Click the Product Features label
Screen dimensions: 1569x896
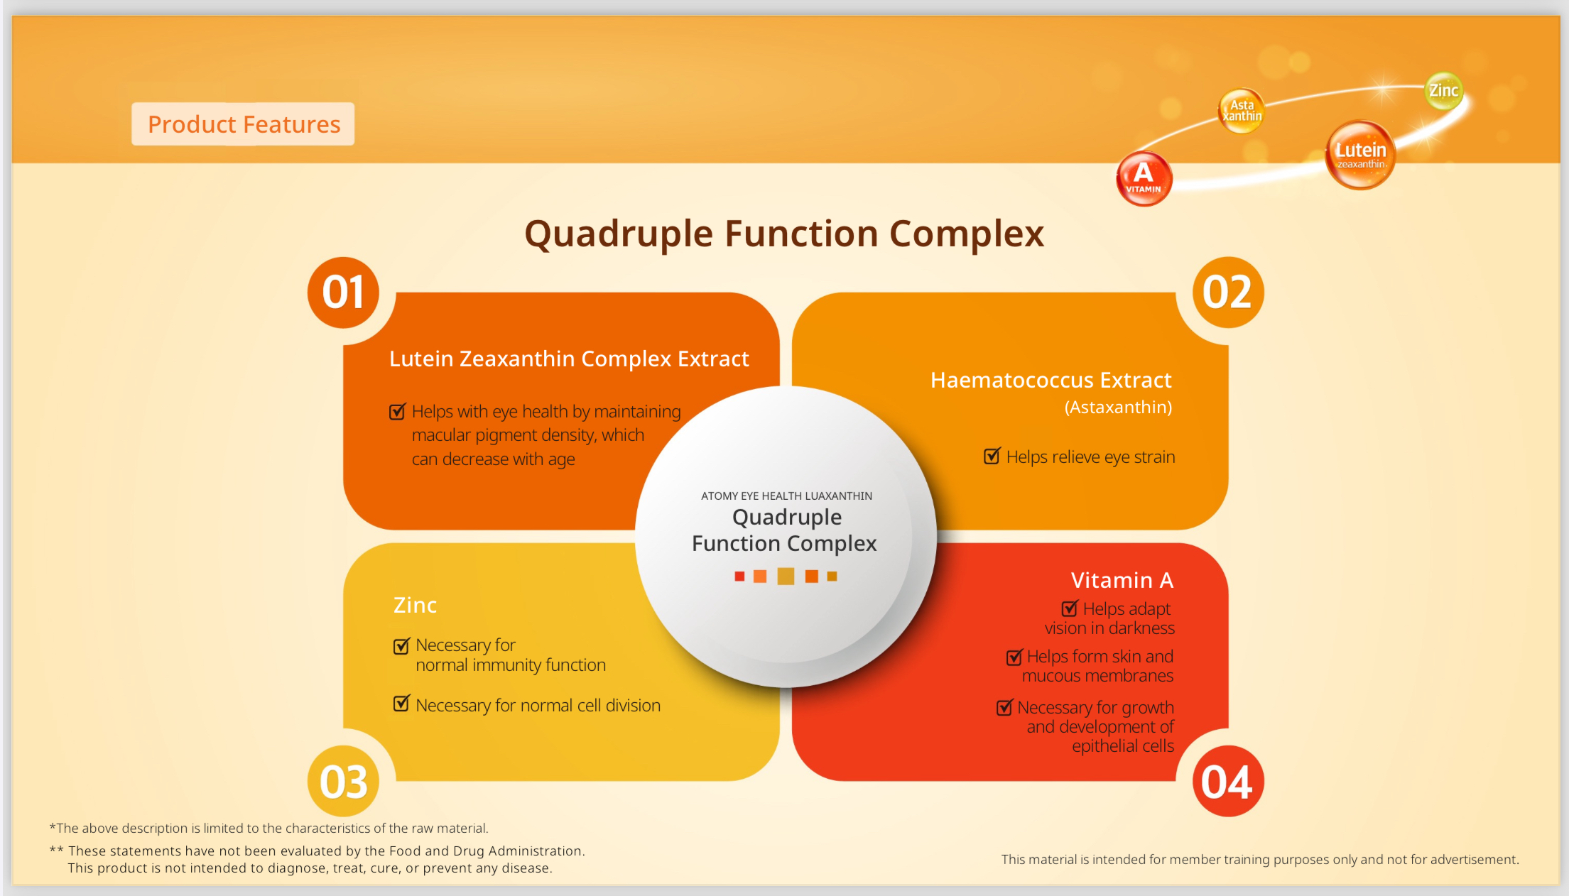244,124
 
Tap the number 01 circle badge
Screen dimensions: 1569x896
343,293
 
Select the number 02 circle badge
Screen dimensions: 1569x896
1228,293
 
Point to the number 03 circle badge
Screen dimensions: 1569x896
343,781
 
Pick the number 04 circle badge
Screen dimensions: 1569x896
1228,781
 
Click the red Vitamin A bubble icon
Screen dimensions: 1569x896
1144,178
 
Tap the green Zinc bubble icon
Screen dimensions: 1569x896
1444,91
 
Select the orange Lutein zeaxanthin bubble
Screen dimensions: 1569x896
1360,155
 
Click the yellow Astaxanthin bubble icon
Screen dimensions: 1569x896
1241,111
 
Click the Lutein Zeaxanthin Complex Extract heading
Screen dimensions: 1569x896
569,359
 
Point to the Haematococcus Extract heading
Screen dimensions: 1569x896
1051,380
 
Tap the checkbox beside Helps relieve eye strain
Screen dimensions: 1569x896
992,456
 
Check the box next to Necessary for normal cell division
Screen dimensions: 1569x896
401,704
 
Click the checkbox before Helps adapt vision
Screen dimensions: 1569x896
1070,608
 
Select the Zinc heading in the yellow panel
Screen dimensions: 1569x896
415,605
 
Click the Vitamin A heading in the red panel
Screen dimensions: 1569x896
1122,580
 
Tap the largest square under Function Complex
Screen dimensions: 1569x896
786,576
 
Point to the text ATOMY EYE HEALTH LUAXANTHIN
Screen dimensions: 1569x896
786,496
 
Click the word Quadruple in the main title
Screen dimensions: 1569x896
619,234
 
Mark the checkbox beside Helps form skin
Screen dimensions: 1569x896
1015,657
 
